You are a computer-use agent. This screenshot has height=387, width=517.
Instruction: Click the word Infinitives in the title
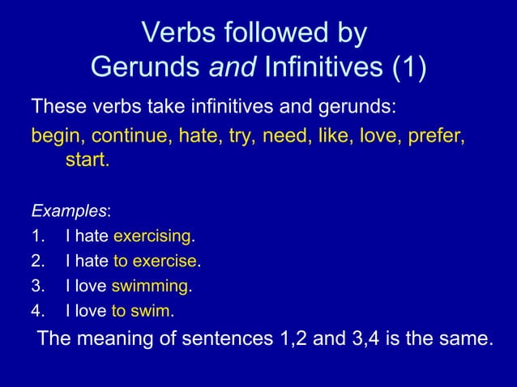pos(319,67)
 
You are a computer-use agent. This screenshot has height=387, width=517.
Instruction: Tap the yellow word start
pos(86,160)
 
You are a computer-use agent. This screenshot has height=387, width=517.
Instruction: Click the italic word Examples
pos(69,212)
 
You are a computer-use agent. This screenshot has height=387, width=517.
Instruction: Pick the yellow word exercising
pos(152,237)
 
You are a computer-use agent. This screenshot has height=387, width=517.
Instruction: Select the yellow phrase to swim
pos(142,311)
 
